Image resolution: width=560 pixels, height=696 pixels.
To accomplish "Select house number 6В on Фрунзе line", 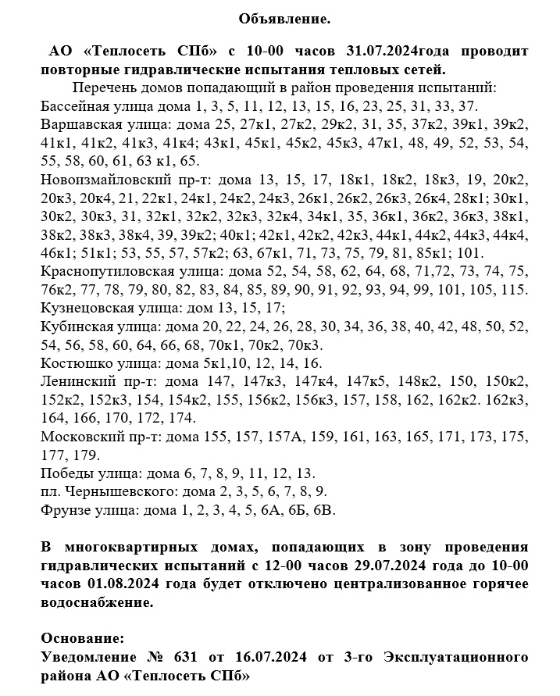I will pyautogui.click(x=323, y=509).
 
